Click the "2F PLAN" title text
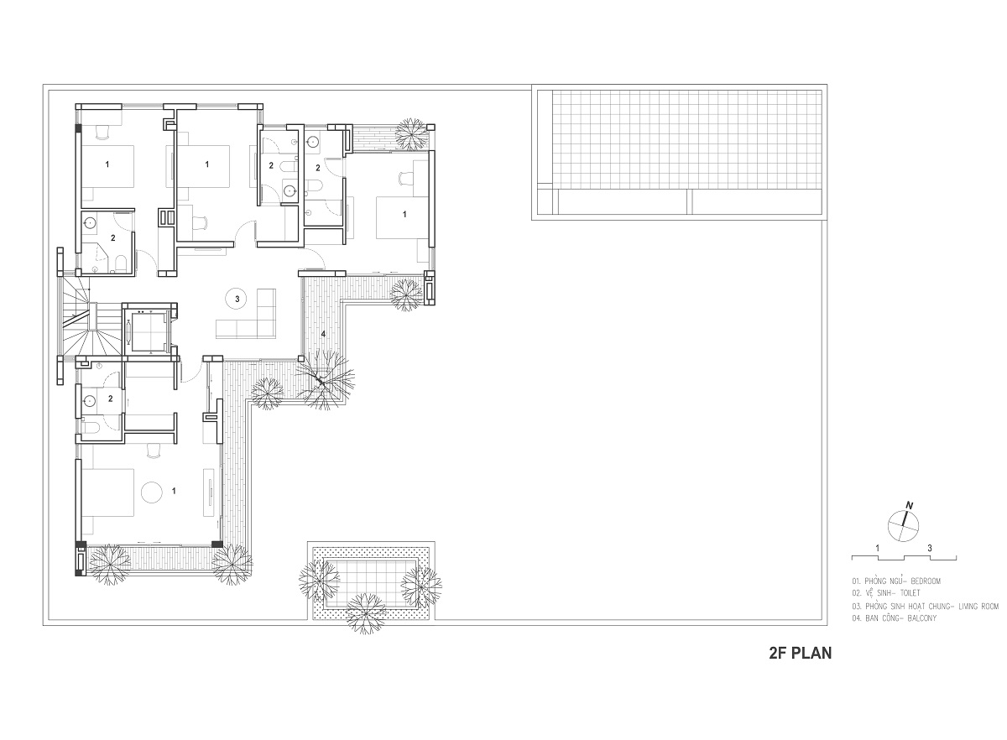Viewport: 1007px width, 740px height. pyautogui.click(x=801, y=653)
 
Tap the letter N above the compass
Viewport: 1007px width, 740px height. pyautogui.click(x=909, y=505)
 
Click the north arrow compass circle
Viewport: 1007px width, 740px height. pyautogui.click(x=903, y=525)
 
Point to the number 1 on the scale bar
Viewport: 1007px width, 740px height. pyautogui.click(x=878, y=548)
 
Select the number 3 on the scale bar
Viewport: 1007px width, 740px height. pyautogui.click(x=930, y=548)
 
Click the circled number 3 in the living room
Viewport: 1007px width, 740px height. pyautogui.click(x=237, y=299)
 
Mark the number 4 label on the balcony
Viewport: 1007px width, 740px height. pyautogui.click(x=323, y=334)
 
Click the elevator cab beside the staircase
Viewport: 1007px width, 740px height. pyautogui.click(x=148, y=331)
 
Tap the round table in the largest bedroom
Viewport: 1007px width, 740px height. pyautogui.click(x=151, y=492)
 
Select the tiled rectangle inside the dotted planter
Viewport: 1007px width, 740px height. pyautogui.click(x=371, y=582)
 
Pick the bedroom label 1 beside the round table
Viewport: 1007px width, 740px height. pyautogui.click(x=174, y=491)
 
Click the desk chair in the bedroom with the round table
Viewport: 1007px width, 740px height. pyautogui.click(x=154, y=451)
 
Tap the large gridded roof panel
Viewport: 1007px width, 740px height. pyautogui.click(x=686, y=139)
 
